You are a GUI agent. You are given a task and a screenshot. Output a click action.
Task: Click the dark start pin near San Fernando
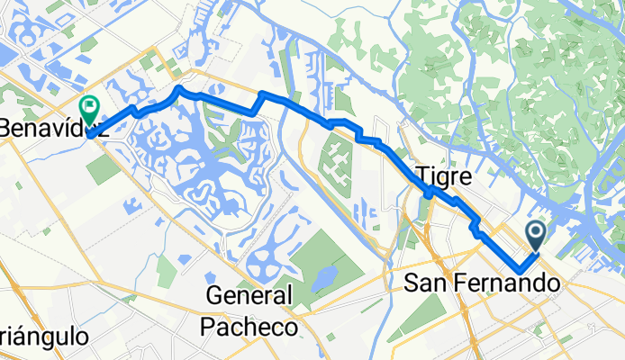click(x=536, y=237)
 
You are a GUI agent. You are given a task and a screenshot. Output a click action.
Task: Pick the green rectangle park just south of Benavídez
click(x=103, y=168)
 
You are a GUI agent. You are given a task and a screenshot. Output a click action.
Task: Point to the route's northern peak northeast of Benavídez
click(x=180, y=88)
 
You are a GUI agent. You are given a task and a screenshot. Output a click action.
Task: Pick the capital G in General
click(x=215, y=295)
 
